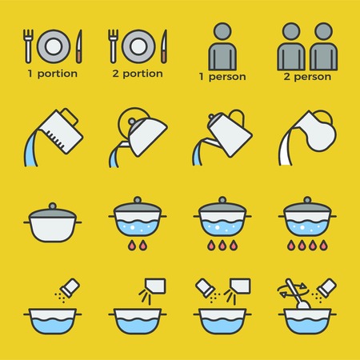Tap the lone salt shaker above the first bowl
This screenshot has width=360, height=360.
tap(67, 285)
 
